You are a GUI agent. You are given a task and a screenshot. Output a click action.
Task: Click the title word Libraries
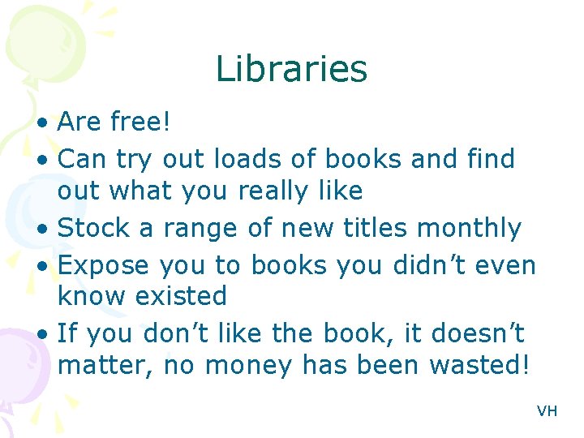[x=291, y=70]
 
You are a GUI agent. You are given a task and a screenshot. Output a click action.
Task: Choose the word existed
[x=181, y=296]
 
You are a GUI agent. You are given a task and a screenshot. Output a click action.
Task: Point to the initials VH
[x=547, y=411]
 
